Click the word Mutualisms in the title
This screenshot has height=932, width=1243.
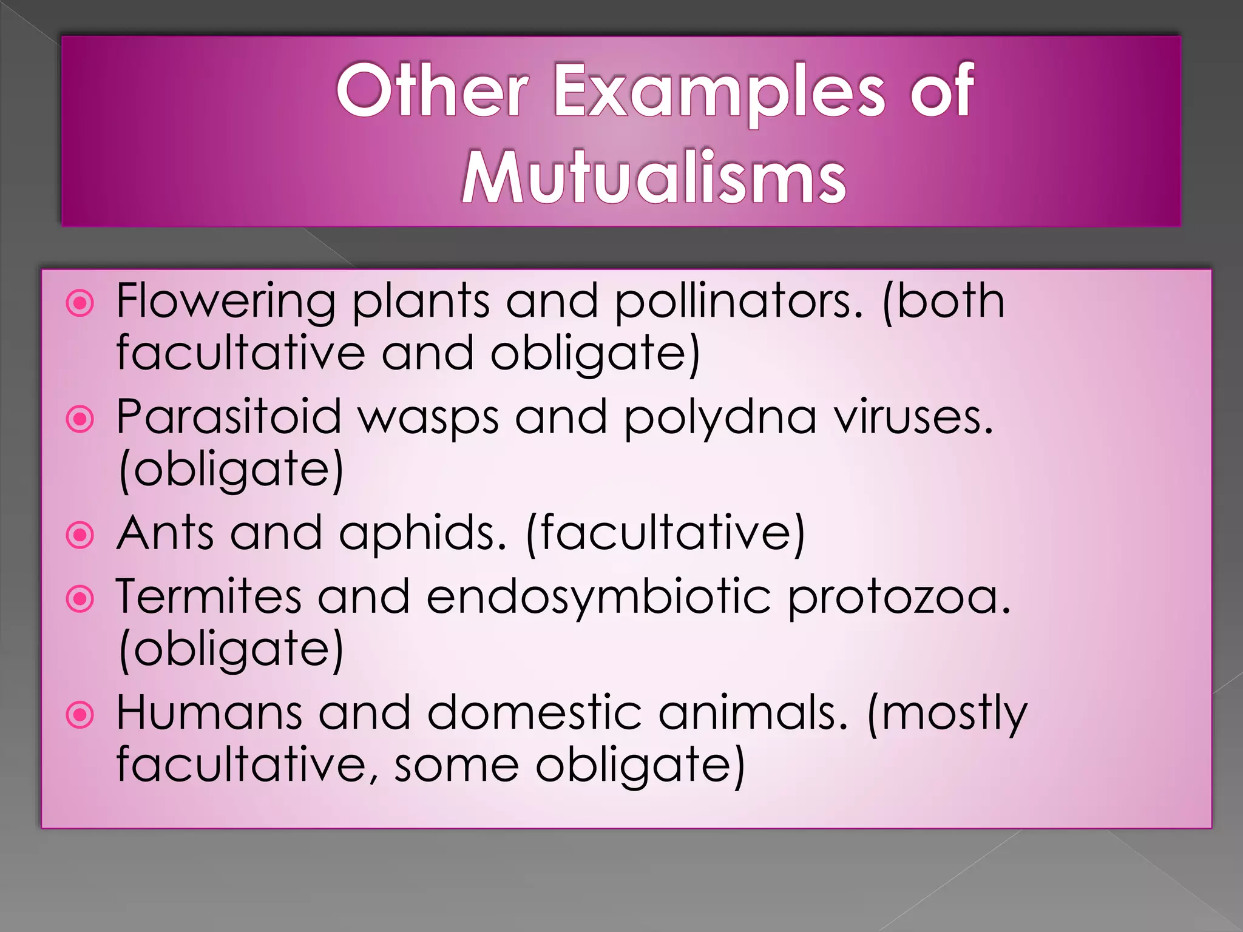tap(654, 178)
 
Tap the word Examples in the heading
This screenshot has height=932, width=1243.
tap(719, 91)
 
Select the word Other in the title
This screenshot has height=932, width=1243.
tap(432, 91)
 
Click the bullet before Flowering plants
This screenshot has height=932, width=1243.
tap(80, 303)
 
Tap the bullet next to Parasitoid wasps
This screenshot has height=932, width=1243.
tap(80, 419)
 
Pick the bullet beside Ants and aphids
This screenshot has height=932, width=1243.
tap(80, 535)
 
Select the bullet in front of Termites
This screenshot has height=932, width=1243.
tap(80, 599)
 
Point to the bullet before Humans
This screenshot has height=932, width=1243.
tap(80, 715)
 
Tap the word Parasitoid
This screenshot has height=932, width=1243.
tap(229, 417)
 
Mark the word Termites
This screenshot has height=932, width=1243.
tap(209, 597)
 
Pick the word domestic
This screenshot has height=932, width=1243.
tap(535, 713)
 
